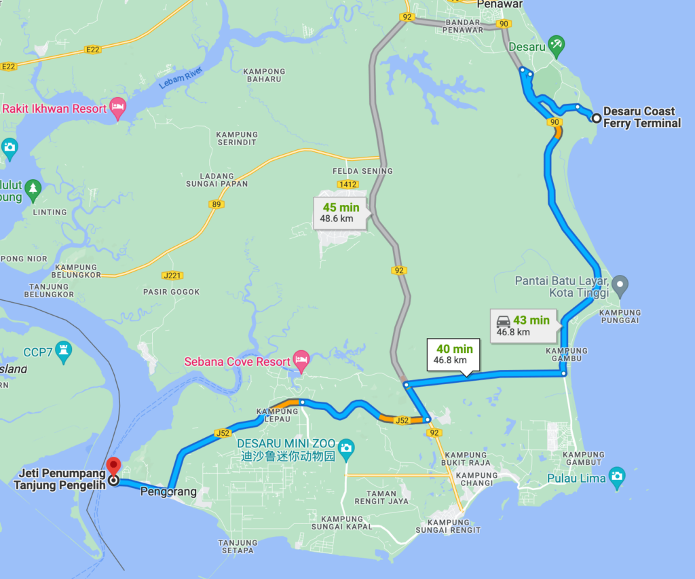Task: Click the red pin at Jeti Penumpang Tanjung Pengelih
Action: point(113,466)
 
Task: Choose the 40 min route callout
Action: point(451,354)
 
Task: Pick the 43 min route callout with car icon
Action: point(523,325)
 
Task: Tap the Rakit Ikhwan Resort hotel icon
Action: point(118,107)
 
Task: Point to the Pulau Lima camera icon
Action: point(616,474)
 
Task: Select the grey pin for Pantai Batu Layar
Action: point(619,283)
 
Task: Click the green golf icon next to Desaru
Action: point(557,45)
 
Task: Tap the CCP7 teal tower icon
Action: point(64,350)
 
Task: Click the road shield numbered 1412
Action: point(347,184)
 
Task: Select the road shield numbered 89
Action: point(217,204)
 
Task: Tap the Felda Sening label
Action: point(362,171)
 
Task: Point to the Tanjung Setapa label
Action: point(238,547)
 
